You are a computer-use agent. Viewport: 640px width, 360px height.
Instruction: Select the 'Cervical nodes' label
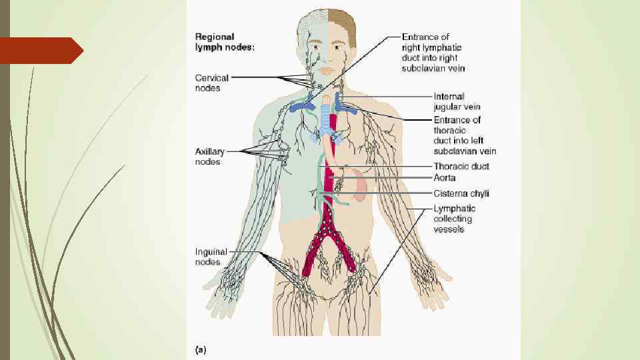click(x=212, y=83)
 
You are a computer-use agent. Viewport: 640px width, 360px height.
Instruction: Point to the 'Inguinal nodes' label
click(x=211, y=257)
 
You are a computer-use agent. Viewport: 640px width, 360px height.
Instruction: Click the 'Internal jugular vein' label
click(x=457, y=101)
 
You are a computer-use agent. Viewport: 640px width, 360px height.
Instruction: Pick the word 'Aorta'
click(x=445, y=178)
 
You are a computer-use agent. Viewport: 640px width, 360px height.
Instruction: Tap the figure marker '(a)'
click(x=200, y=348)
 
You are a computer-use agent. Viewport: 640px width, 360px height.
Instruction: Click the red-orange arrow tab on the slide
click(x=40, y=51)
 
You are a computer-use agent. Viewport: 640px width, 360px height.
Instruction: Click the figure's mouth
click(x=327, y=70)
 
